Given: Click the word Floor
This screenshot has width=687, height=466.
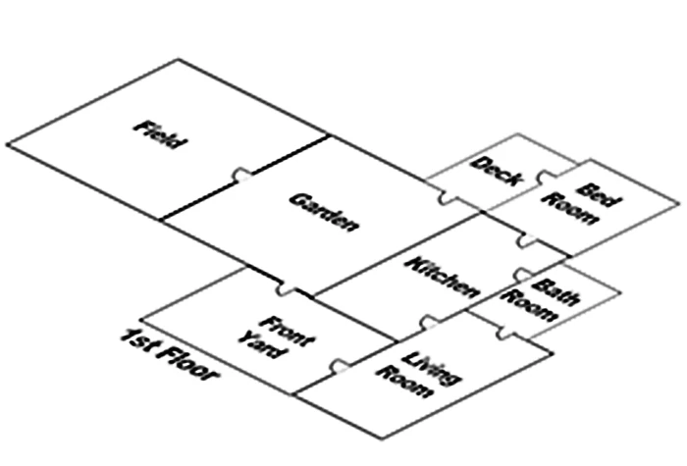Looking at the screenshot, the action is (185, 364).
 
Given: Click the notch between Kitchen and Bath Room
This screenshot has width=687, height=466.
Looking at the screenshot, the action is (523, 277).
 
